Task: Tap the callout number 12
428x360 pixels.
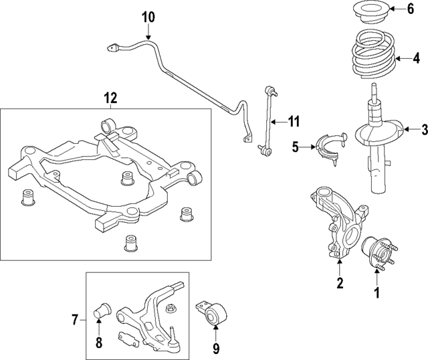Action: pos(111,98)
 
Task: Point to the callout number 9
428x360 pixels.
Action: pos(215,347)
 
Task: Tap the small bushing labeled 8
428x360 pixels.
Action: pos(102,307)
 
